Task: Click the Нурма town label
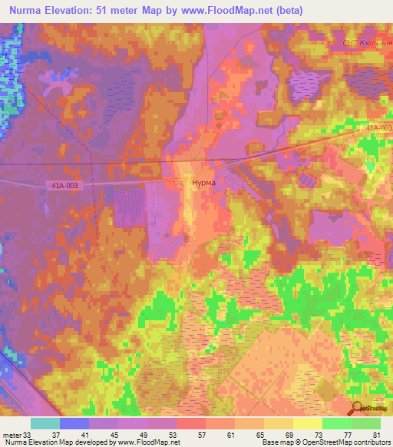pyautogui.click(x=203, y=184)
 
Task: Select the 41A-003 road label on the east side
pyautogui.click(x=378, y=127)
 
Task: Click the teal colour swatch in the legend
pyautogui.click(x=45, y=422)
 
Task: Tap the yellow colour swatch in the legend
pyautogui.click(x=307, y=422)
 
